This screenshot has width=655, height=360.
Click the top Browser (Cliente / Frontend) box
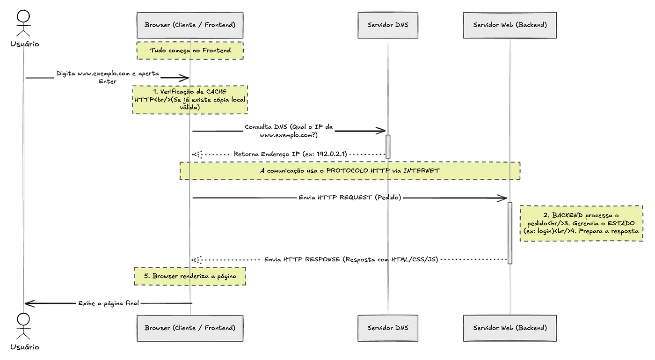(x=190, y=25)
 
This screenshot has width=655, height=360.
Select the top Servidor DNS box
(x=388, y=25)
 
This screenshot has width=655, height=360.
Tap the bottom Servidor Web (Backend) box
(x=509, y=328)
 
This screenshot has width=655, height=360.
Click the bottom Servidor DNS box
(x=388, y=328)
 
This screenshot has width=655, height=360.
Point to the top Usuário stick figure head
(x=23, y=16)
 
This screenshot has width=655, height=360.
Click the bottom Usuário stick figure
(x=23, y=326)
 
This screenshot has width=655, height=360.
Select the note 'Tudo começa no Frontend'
(x=190, y=51)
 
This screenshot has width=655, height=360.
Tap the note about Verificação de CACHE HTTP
(x=190, y=100)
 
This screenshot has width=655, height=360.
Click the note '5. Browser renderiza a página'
(x=190, y=276)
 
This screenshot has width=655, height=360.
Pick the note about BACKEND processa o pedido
(x=581, y=223)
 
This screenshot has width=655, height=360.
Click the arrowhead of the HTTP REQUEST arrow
(x=506, y=198)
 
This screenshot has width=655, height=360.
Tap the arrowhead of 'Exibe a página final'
(x=26, y=303)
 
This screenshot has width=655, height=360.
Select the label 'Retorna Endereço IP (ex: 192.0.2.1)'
(x=290, y=154)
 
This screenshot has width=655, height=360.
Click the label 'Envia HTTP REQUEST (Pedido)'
(x=350, y=198)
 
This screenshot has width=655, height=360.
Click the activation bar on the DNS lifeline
(x=388, y=147)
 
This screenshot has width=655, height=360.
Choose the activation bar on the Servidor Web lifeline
(x=509, y=233)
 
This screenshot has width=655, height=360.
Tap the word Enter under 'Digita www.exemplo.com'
(x=108, y=81)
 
